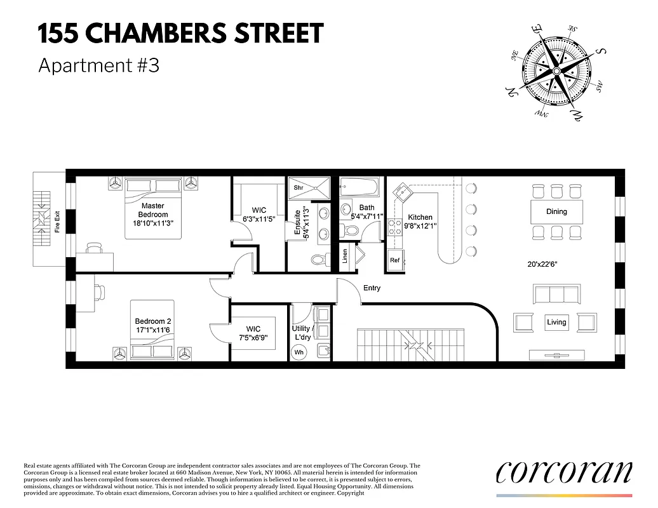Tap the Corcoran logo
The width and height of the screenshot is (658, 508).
[x=564, y=471]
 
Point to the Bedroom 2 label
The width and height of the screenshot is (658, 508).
[x=152, y=326]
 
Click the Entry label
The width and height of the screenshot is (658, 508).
[x=372, y=288]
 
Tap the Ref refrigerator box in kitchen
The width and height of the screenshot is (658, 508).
[x=395, y=260]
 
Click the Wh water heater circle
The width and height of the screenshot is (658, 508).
[x=299, y=352]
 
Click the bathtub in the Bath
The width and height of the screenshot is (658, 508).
[x=359, y=187]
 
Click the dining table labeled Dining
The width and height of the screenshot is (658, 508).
[x=556, y=211]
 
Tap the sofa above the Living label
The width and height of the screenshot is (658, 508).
[x=556, y=295]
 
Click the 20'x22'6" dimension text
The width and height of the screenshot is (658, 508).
[x=542, y=264]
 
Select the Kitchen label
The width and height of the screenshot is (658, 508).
[x=420, y=217]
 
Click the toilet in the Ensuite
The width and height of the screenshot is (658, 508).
[x=319, y=259]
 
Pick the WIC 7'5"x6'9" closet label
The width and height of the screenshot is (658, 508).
[x=253, y=333]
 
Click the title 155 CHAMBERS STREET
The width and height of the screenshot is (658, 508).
[x=180, y=34]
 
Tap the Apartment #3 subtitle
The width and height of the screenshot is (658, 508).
[x=98, y=65]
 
